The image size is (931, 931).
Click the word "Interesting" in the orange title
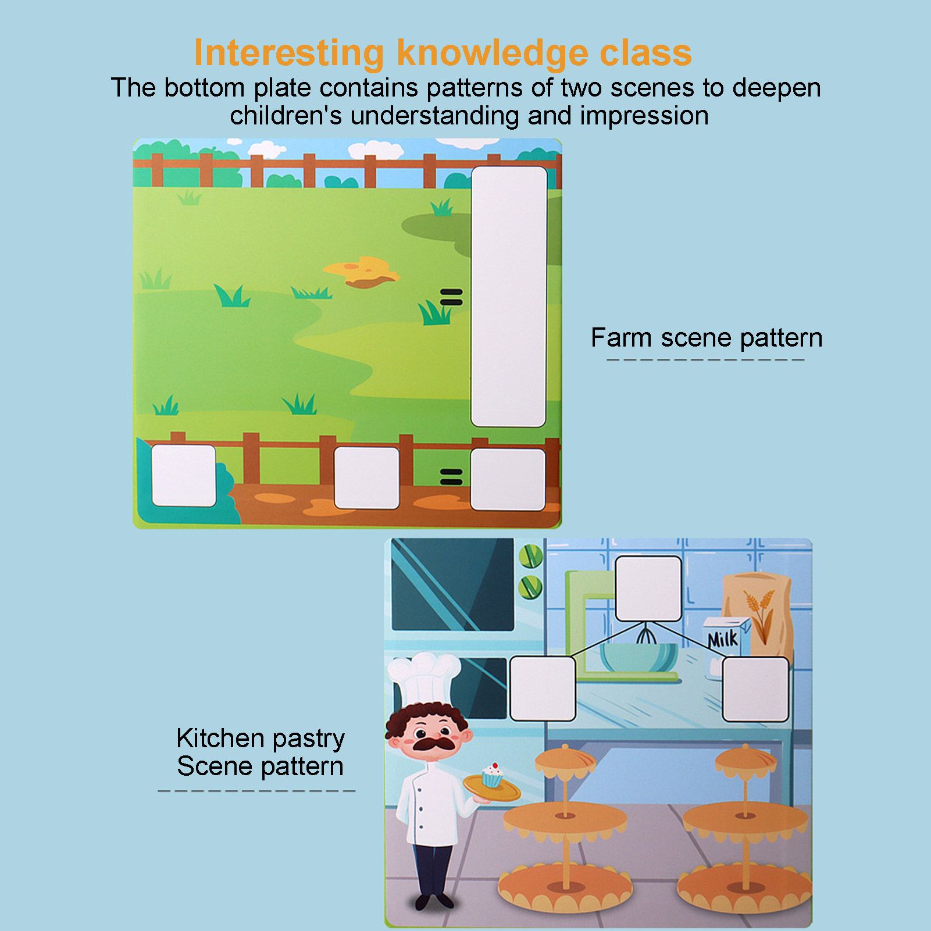[288, 53]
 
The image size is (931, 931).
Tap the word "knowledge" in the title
[492, 53]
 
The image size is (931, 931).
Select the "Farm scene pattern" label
[706, 338]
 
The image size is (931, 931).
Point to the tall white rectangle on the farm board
[509, 297]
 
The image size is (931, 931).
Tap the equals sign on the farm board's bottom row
[451, 477]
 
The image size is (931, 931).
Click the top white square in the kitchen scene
[648, 588]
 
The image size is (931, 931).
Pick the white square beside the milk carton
[755, 689]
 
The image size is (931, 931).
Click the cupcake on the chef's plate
[492, 775]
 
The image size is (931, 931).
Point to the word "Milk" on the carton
[722, 640]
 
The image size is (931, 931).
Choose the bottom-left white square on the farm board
[184, 475]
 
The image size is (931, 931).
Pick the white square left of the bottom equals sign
[366, 477]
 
